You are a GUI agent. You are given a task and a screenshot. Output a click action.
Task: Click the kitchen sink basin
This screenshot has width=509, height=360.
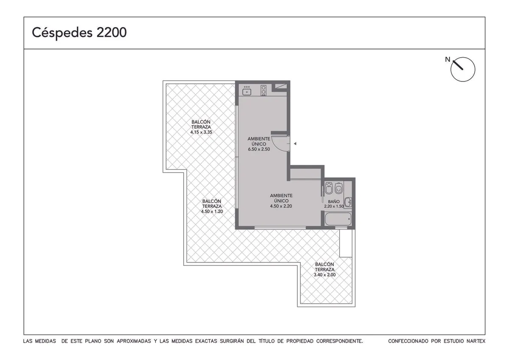[246, 92]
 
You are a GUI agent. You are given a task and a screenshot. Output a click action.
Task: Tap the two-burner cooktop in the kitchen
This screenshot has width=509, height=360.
[263, 90]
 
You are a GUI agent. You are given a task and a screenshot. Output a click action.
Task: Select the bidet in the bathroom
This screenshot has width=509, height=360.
[329, 189]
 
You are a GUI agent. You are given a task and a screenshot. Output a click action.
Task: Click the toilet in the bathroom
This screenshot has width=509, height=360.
[339, 188]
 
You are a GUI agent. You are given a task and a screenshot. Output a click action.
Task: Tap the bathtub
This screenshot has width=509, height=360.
[338, 219]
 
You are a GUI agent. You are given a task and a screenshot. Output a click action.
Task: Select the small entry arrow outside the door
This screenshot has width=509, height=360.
[295, 144]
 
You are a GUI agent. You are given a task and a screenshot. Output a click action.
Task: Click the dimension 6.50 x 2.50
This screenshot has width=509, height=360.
[259, 149]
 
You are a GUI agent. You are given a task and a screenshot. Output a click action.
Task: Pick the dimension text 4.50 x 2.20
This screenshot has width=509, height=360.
[281, 206]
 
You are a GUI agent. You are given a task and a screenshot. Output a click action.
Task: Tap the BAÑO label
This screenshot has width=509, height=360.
[334, 201]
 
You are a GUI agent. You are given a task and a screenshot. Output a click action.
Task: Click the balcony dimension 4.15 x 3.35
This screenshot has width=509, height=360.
[201, 132]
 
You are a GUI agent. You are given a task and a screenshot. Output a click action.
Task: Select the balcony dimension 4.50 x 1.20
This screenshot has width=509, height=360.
[212, 212]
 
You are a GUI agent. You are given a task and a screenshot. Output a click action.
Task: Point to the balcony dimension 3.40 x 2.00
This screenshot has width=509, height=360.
[325, 275]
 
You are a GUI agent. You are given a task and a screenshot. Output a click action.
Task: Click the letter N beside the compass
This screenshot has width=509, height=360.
[447, 59]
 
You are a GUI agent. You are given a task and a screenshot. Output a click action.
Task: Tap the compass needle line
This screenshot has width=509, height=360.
[458, 65]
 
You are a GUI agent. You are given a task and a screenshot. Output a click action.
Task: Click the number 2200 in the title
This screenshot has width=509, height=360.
[112, 33]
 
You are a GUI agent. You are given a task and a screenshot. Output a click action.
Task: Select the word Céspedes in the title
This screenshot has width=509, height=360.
[62, 33]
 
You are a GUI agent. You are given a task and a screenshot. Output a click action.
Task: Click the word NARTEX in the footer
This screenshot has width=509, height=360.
[476, 341]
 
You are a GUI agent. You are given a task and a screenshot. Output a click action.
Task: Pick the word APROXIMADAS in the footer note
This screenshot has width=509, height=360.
[134, 341]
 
